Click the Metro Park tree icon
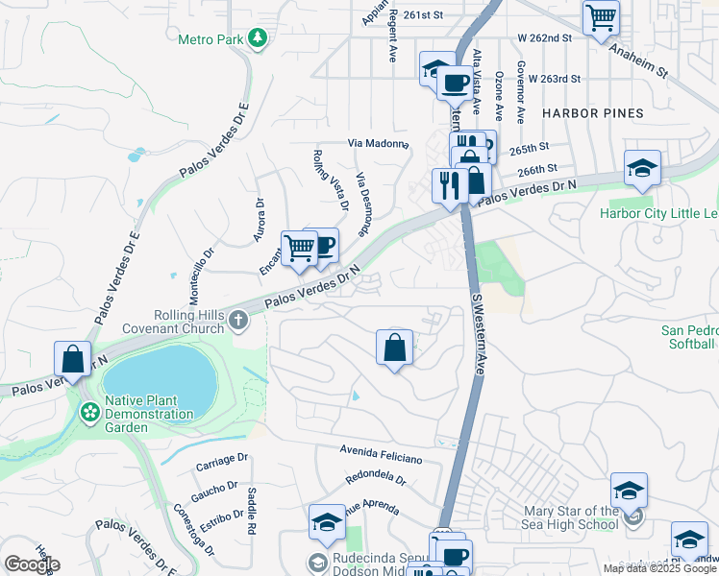[257, 38]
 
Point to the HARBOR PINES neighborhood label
[592, 113]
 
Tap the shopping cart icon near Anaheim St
[601, 16]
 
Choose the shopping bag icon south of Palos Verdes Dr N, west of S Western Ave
[394, 347]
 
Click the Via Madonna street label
[378, 143]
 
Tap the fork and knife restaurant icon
[449, 184]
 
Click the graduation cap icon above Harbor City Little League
[641, 168]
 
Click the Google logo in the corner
[32, 564]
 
